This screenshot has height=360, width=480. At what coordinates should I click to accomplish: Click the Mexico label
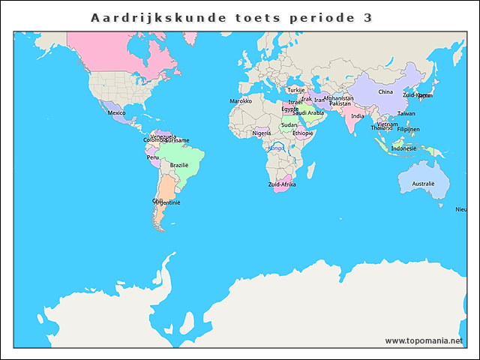coord(116,112)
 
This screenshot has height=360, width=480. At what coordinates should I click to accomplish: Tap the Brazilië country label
coord(179,165)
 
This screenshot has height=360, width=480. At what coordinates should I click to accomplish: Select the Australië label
coord(423,184)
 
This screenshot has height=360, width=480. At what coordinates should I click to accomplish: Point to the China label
coord(385,92)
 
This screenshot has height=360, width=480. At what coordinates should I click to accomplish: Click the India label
coord(358,116)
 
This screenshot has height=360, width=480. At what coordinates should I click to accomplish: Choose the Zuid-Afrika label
coord(282,184)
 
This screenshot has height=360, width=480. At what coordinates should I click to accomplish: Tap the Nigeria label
coord(261,133)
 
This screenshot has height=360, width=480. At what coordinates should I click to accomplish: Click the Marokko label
coord(240,100)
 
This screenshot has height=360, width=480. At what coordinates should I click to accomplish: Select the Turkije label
coord(295,90)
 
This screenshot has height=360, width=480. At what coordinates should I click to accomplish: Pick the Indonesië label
coord(403,148)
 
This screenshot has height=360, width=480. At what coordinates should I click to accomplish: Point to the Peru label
coord(153,157)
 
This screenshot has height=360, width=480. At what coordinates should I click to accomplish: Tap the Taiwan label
coord(406,113)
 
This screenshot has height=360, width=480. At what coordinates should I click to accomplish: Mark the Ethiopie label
coord(303,133)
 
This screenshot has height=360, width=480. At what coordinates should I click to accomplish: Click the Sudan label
coord(289,125)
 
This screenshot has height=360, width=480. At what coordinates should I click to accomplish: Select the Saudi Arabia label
coord(308,113)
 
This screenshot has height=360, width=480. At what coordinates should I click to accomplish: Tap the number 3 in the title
coord(367,17)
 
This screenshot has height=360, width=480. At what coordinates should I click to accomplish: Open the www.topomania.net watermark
coord(424,340)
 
